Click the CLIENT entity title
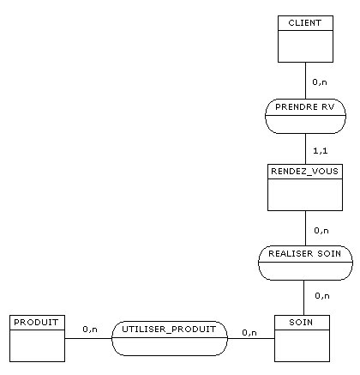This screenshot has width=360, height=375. (x=305, y=23)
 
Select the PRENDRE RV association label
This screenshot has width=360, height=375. (x=305, y=107)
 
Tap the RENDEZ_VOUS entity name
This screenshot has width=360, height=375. (x=304, y=172)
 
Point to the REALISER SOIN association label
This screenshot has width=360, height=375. (x=305, y=254)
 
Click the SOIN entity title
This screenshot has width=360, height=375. (x=301, y=323)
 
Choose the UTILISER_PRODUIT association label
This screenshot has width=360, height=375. (x=169, y=330)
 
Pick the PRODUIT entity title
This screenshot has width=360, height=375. (x=36, y=323)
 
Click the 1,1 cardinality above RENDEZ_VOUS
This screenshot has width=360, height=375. (x=321, y=151)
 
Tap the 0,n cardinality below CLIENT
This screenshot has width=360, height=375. (x=320, y=82)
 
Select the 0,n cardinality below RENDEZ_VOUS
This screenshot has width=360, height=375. (x=321, y=231)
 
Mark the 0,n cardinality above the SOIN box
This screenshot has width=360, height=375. (x=322, y=296)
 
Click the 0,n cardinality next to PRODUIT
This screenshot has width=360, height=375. (x=90, y=330)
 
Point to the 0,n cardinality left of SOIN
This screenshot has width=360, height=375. (x=249, y=333)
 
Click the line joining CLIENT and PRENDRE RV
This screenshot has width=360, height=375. (x=305, y=81)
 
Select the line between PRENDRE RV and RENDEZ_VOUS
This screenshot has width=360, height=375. (x=305, y=148)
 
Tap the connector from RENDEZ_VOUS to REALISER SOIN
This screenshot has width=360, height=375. (x=305, y=228)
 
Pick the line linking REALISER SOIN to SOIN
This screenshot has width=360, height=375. (x=303, y=298)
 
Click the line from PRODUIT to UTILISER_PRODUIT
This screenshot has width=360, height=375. (x=88, y=339)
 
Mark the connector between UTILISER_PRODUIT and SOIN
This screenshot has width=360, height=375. (x=251, y=339)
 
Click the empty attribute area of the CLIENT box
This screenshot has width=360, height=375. (x=305, y=46)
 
